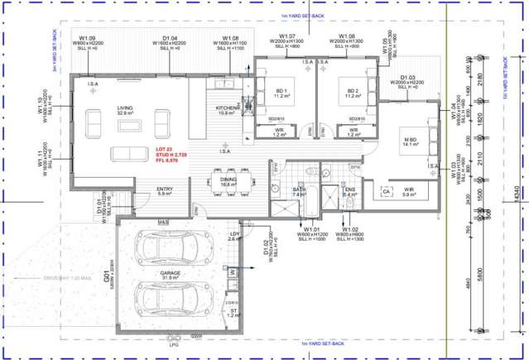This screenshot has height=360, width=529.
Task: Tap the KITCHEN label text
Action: (227, 108)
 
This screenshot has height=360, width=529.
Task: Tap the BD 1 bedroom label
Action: (281, 90)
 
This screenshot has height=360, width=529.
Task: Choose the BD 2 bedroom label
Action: (353, 90)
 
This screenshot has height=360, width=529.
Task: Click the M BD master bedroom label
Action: (409, 139)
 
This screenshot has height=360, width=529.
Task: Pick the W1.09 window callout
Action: (87, 38)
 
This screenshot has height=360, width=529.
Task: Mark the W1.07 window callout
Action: (287, 36)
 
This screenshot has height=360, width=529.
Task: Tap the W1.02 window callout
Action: (349, 229)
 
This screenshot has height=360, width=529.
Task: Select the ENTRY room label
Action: (165, 190)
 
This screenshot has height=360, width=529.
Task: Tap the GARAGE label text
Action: (172, 270)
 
